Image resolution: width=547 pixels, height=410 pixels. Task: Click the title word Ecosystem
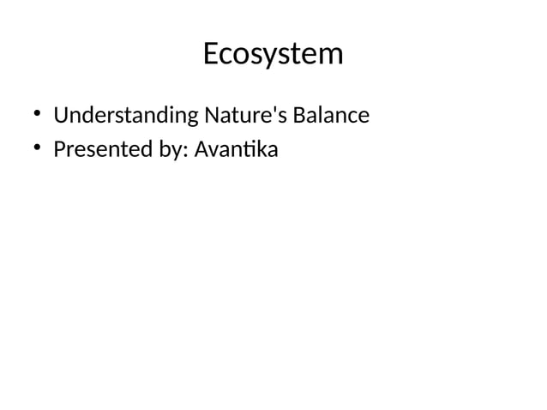pyautogui.click(x=273, y=54)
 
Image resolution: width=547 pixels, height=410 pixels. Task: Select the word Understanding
pyautogui.click(x=125, y=115)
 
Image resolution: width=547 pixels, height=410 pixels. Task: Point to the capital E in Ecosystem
pyautogui.click(x=211, y=54)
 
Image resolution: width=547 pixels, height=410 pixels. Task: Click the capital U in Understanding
pyautogui.click(x=60, y=114)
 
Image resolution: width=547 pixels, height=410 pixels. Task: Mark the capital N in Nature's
pyautogui.click(x=211, y=114)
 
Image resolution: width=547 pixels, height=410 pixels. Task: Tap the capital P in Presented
pyautogui.click(x=59, y=150)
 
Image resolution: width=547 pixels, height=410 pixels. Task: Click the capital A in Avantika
pyautogui.click(x=201, y=150)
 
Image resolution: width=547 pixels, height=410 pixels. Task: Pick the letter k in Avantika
pyautogui.click(x=260, y=150)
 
